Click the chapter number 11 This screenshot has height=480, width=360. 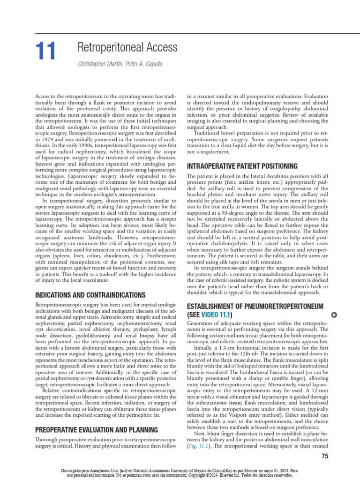(45, 51)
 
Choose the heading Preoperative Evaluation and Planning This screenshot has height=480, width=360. (97, 429)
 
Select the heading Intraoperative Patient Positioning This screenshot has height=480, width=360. (242, 166)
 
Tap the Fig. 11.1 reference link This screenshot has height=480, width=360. (198, 448)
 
